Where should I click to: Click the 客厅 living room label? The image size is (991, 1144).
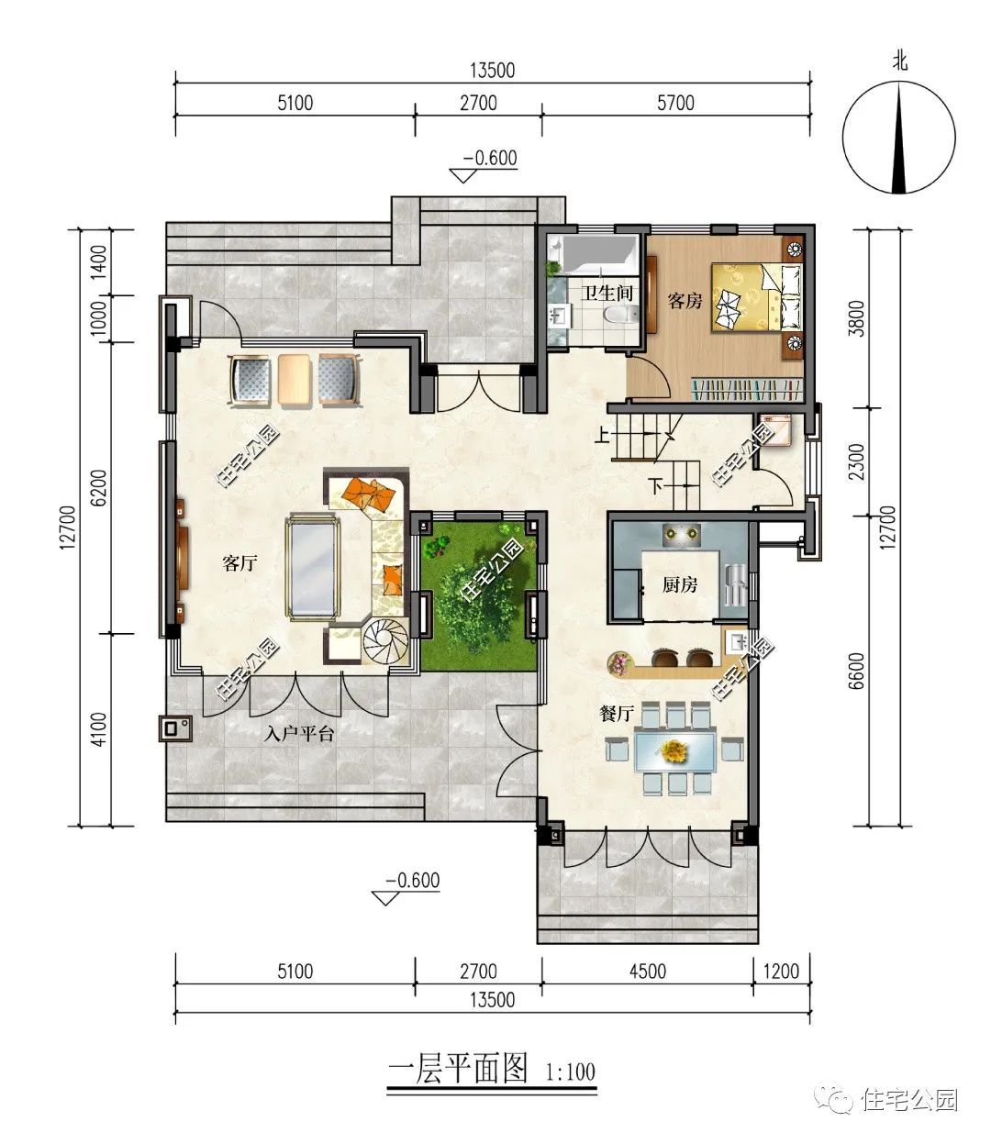tap(239, 563)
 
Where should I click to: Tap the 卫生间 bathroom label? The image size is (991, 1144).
tap(607, 294)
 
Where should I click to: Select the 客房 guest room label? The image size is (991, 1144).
tap(685, 301)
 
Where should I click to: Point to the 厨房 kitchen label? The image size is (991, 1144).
tap(680, 584)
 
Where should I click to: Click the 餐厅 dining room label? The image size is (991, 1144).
tap(617, 714)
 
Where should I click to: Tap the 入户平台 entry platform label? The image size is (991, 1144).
tap(299, 735)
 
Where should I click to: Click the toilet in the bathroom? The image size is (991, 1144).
tap(621, 316)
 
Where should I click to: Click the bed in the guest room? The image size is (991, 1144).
tap(757, 296)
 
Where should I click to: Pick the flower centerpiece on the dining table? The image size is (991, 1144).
tap(674, 750)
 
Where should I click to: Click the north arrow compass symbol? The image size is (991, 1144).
tap(899, 138)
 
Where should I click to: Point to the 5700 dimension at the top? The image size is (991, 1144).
tap(675, 103)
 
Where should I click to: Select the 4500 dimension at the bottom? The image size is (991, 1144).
tap(648, 972)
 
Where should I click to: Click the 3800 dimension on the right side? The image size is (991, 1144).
tap(856, 317)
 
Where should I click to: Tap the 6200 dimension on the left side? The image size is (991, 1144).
tap(98, 487)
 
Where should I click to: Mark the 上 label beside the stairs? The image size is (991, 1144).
tap(602, 435)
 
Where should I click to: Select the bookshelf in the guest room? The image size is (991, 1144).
tap(746, 389)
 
